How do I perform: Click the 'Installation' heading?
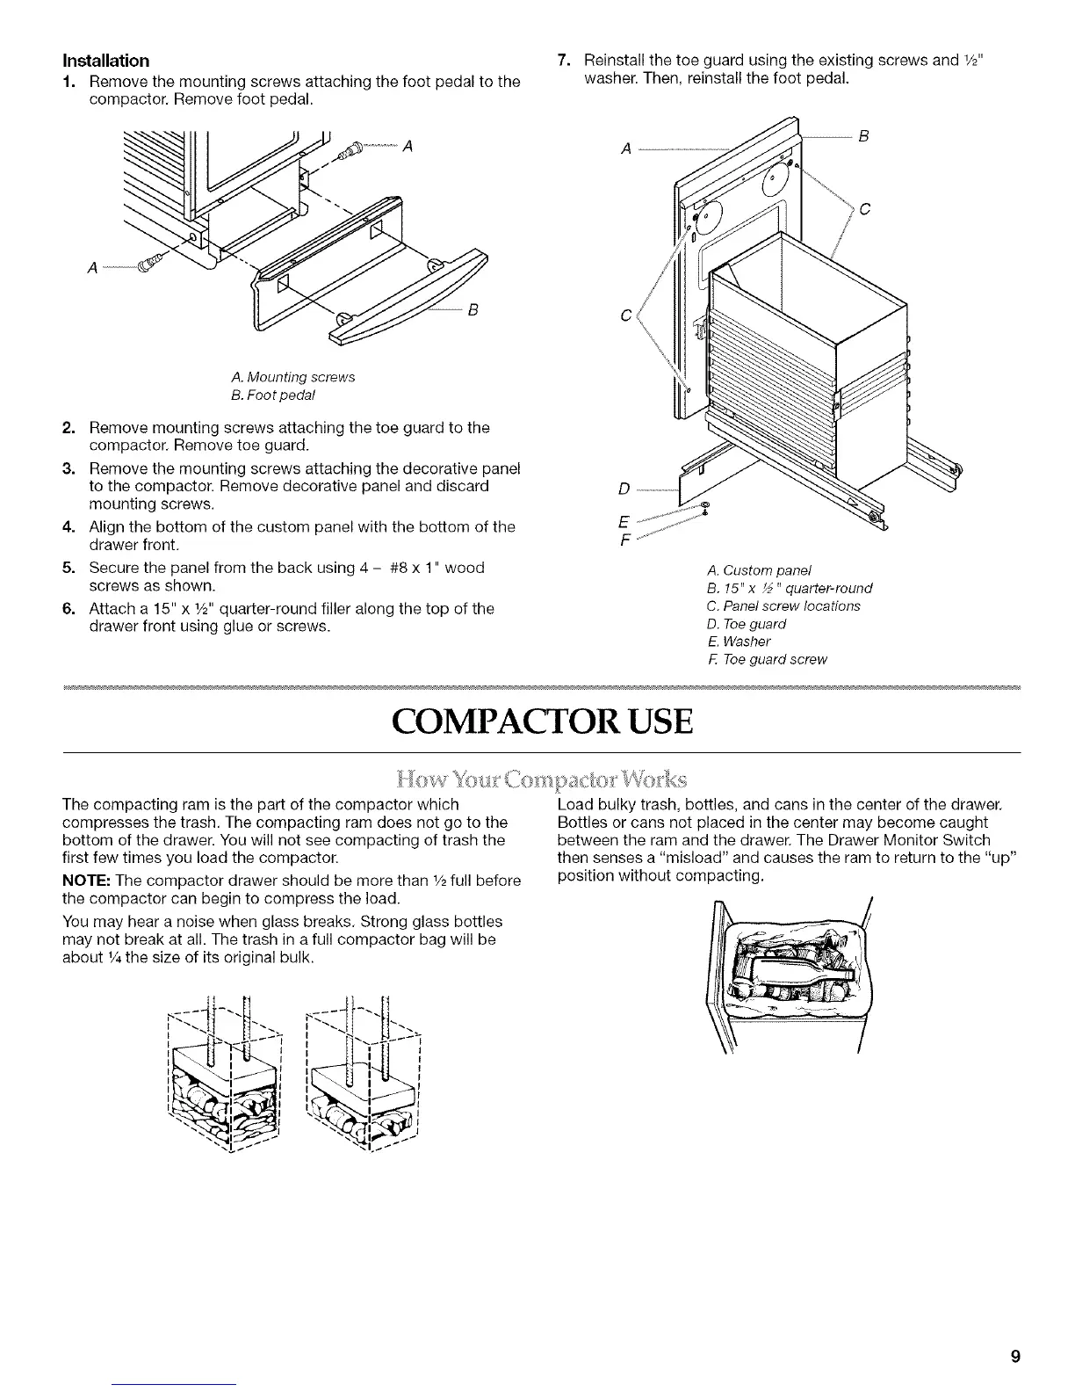click(x=105, y=61)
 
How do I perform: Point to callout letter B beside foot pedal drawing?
click(x=472, y=309)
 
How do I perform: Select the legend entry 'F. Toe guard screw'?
click(x=766, y=659)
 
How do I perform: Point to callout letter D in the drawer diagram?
click(x=624, y=488)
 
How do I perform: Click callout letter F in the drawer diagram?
click(x=624, y=541)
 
